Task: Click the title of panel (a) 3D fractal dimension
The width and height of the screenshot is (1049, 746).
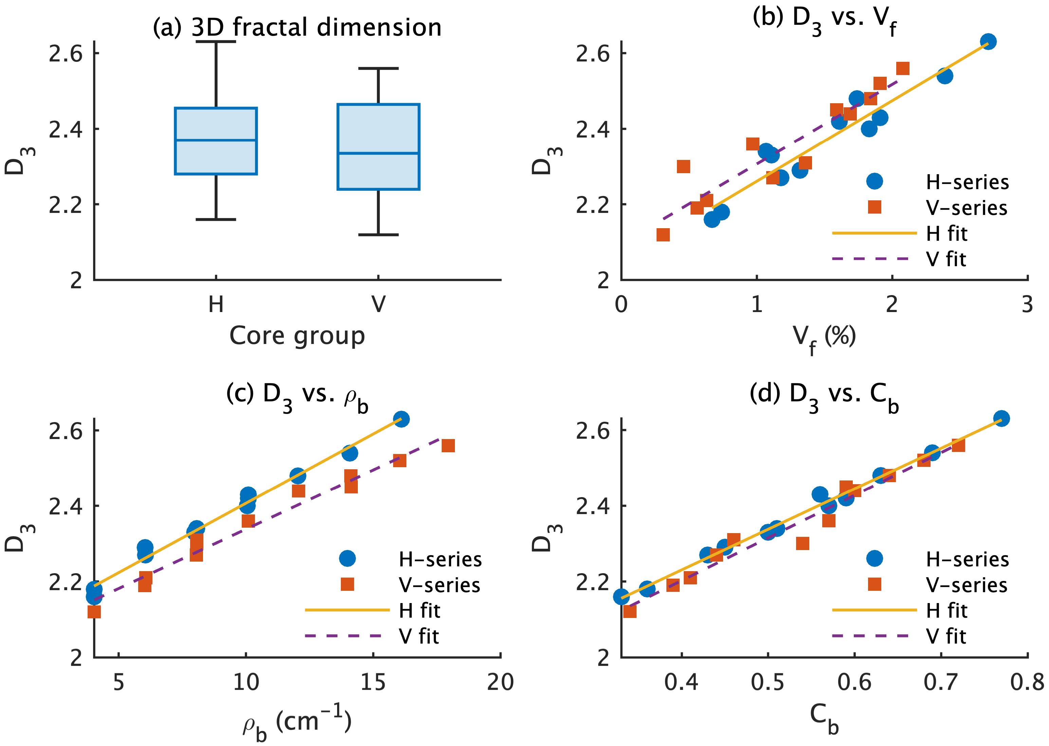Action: point(297,28)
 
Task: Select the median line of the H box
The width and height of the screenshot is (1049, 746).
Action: point(216,140)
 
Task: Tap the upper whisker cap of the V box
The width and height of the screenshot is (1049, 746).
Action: point(379,69)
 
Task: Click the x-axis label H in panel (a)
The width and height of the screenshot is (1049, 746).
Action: point(216,304)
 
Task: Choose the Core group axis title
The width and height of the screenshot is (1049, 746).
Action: point(297,336)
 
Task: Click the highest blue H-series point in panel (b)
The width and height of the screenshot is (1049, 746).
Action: point(988,42)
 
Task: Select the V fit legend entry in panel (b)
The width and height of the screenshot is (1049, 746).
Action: point(900,259)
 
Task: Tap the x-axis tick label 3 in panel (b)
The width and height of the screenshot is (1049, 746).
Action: point(1027,305)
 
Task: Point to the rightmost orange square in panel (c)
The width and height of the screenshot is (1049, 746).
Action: point(448,445)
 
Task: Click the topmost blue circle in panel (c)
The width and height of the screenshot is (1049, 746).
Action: point(401,419)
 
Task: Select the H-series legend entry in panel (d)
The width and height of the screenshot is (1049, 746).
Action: point(937,559)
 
